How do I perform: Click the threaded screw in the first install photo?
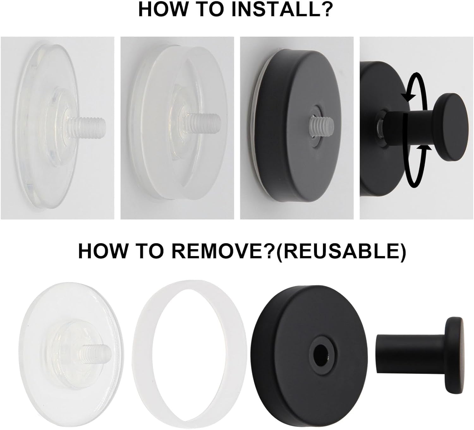[x=87, y=125]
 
